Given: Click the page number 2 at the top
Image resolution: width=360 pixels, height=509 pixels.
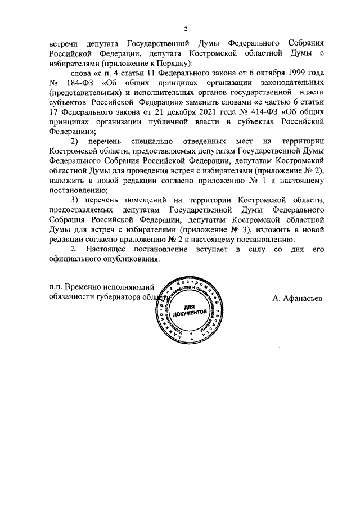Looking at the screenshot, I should point(186,29).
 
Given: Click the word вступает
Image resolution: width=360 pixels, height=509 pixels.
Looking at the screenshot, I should point(204,249).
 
